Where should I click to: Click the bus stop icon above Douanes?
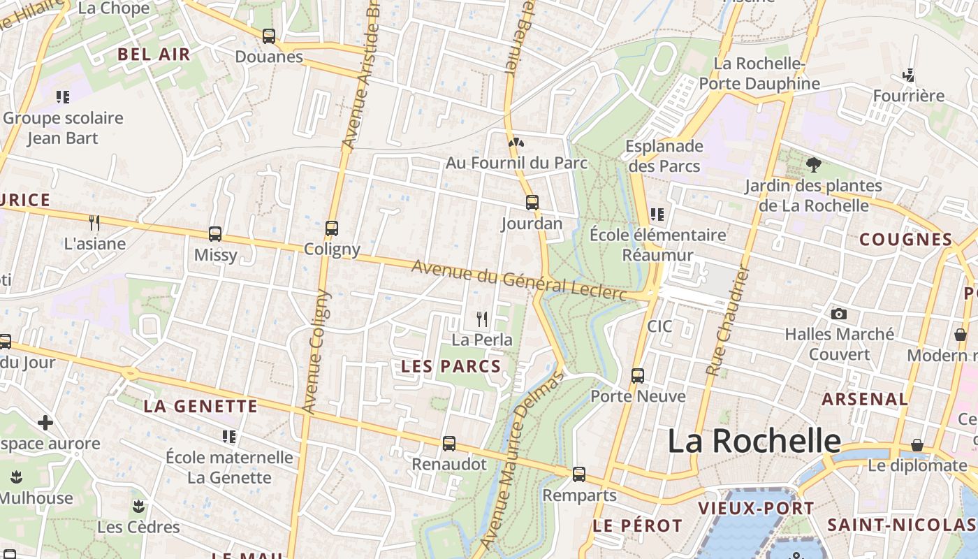(x=269, y=36)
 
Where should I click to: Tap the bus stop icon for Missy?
(x=215, y=234)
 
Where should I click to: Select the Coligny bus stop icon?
(x=332, y=228)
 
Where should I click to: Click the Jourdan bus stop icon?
(x=532, y=203)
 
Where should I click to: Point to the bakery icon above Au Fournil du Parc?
(x=516, y=143)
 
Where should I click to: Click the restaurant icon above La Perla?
(x=482, y=319)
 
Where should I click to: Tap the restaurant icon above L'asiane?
(x=94, y=223)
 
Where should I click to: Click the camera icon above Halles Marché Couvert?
(x=839, y=314)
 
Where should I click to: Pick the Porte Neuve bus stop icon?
(x=638, y=375)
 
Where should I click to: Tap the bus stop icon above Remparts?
(x=579, y=474)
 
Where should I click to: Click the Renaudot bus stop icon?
(x=449, y=443)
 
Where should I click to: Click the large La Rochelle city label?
(x=754, y=441)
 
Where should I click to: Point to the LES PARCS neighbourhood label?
(x=451, y=366)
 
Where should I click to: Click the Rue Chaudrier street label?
(x=727, y=321)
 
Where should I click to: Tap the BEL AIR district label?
(x=154, y=55)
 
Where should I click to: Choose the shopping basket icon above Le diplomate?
(x=917, y=445)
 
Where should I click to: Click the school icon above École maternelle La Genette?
(x=228, y=437)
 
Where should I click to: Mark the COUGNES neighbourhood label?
(x=905, y=240)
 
